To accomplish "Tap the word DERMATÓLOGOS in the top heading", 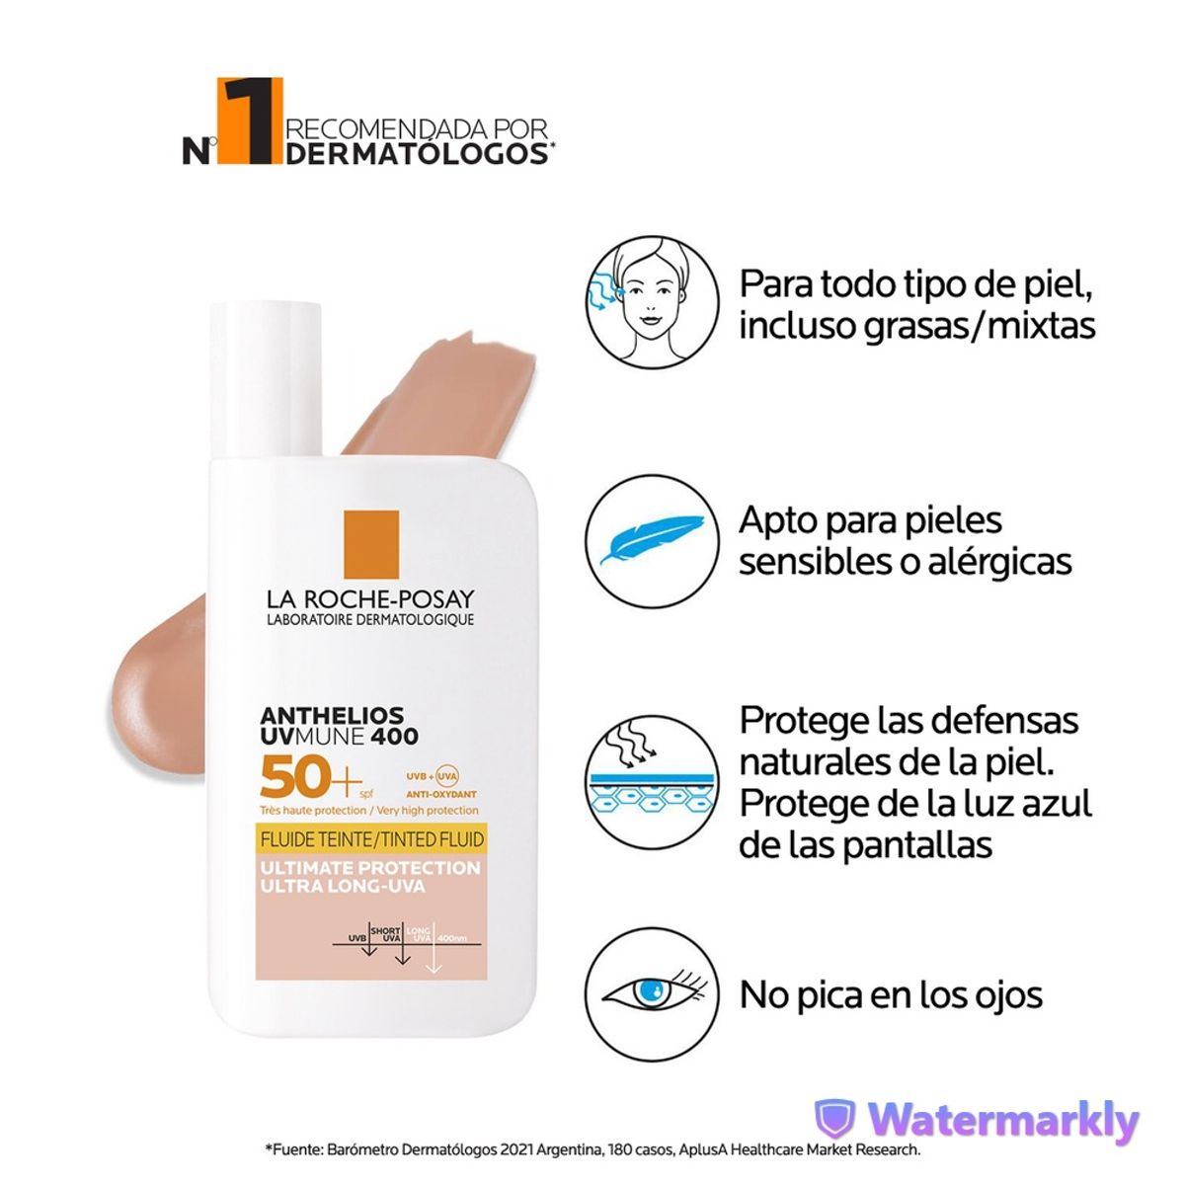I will [418, 153].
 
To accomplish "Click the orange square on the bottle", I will [370, 544].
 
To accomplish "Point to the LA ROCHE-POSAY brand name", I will [369, 599].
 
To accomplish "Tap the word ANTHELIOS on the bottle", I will [318, 714].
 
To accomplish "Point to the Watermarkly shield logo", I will [834, 1120].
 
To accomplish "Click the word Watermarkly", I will [1003, 1121].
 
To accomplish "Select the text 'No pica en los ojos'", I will [891, 994].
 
